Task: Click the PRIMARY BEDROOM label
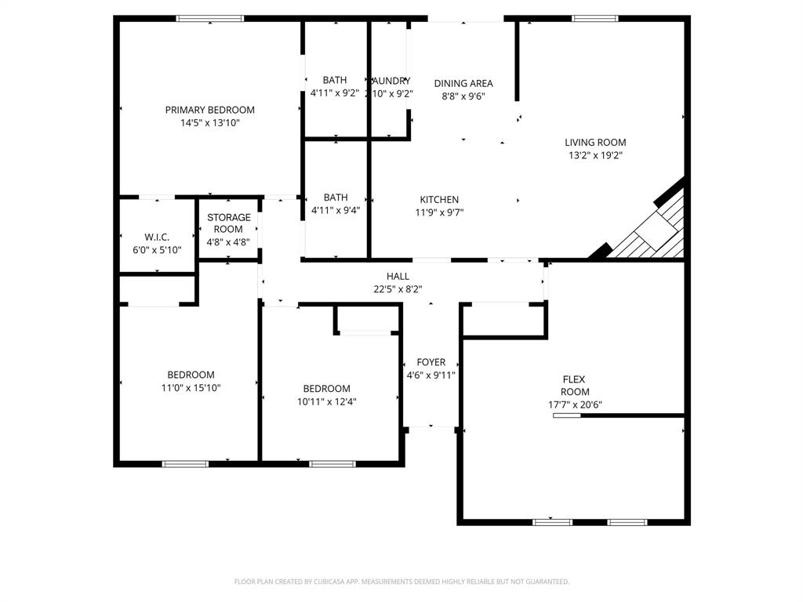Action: point(209,110)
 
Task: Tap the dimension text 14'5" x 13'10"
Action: point(209,123)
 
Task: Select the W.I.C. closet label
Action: point(157,238)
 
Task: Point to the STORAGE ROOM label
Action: point(229,223)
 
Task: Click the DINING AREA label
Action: point(463,83)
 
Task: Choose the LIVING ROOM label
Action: point(595,143)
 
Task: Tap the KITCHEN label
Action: point(439,200)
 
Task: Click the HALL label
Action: point(398,276)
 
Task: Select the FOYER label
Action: point(431,362)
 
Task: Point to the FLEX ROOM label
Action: point(574,386)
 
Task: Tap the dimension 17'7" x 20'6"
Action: point(575,405)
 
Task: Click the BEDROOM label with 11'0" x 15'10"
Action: point(191,375)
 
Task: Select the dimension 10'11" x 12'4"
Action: point(326,401)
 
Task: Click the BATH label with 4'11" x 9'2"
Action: point(335,80)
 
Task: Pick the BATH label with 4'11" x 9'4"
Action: point(335,198)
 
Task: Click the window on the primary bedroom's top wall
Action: point(209,18)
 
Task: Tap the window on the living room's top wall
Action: point(594,18)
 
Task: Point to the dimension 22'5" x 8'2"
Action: point(398,288)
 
